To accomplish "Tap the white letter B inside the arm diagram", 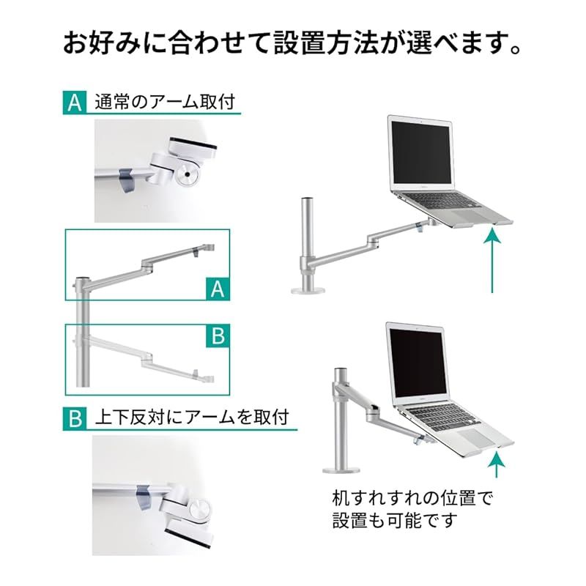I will click(x=216, y=336).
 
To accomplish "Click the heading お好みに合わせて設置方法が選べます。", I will click(x=293, y=42).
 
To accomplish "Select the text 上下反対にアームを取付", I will click(x=191, y=418).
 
